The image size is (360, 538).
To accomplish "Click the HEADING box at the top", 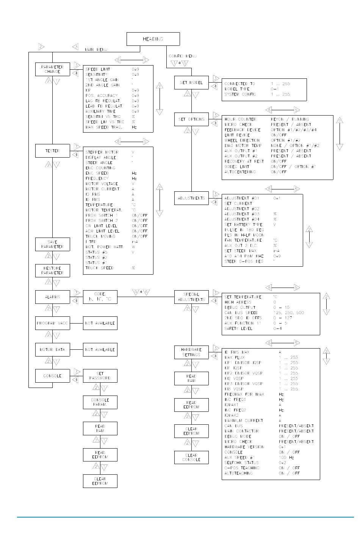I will coord(153,39).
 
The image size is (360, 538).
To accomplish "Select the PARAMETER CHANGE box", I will coord(53,69).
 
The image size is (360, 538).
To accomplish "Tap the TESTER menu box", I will coord(53,151).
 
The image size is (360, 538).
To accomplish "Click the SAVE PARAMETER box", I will coord(53,244).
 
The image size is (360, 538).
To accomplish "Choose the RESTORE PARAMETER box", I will coord(53,271).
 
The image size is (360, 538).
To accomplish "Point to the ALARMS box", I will coord(53,297).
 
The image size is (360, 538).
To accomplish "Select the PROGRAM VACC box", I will coord(53,323).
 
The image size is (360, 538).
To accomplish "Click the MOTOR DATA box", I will coord(53,350).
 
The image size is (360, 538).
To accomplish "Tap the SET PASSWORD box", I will coord(100,376).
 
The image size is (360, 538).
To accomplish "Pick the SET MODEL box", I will coord(191,83).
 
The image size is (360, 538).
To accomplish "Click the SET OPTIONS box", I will coord(191,119).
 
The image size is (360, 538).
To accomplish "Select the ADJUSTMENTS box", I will coord(191,198).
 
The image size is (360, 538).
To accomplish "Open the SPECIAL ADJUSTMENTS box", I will coord(191,297).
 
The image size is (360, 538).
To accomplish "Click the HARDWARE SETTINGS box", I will coord(191,352).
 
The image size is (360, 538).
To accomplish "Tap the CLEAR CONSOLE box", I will coord(191,457).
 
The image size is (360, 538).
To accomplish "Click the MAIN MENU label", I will coord(96,50).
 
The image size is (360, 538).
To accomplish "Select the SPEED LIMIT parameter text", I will coord(98,69).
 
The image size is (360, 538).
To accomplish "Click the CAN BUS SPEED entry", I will coord(241,313).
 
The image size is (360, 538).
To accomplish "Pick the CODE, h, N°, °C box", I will coord(100,297).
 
